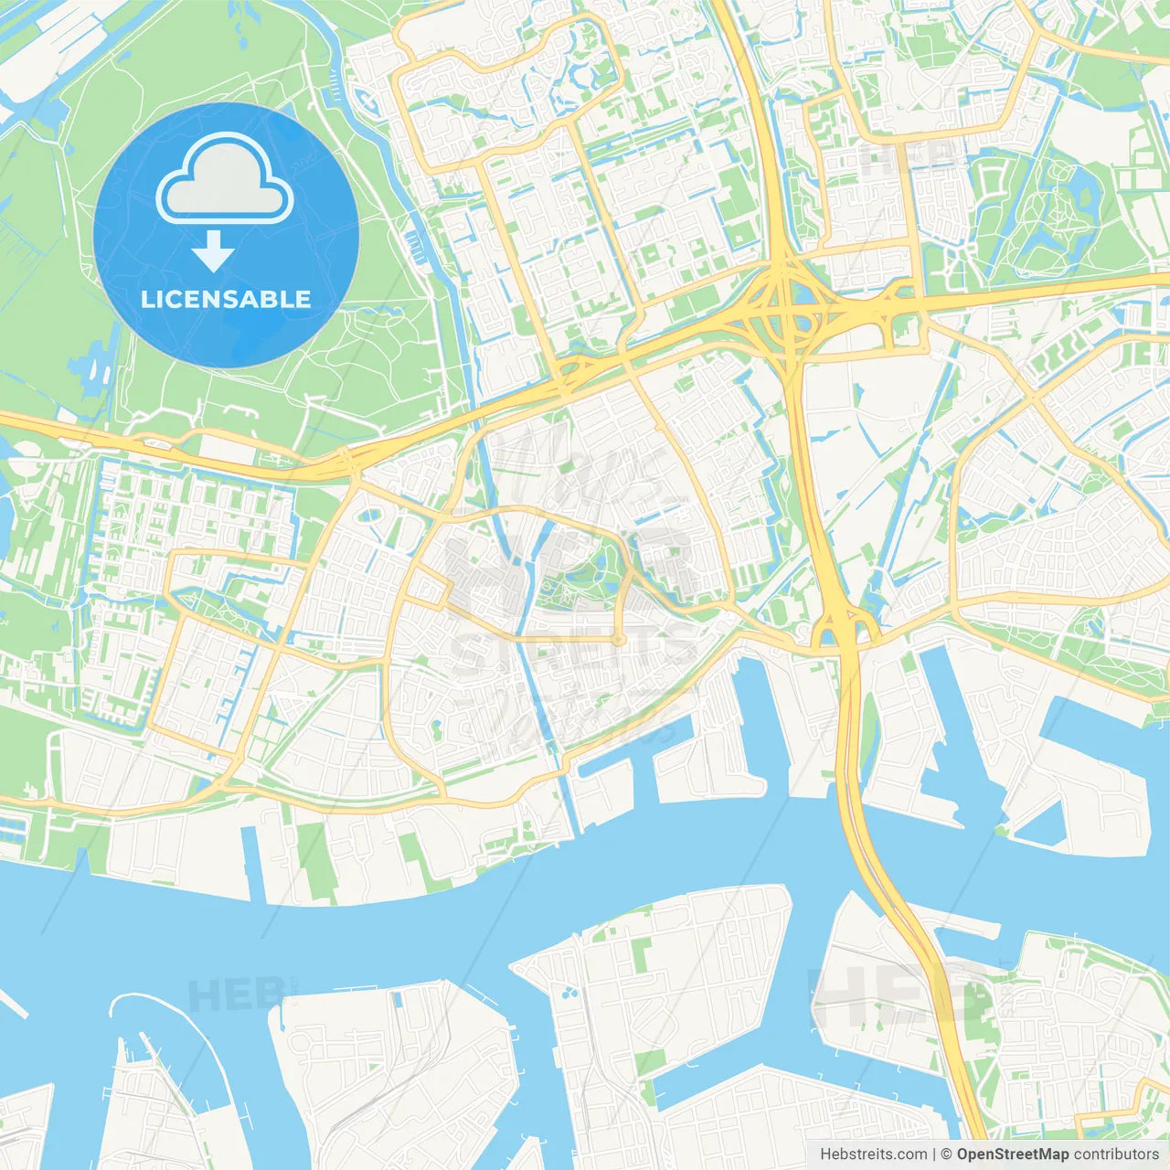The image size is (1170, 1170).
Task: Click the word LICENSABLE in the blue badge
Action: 226,299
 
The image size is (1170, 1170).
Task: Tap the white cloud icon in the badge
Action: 225,179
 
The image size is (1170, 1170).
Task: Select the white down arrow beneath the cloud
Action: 213,251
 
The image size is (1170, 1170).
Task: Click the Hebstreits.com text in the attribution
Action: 874,1154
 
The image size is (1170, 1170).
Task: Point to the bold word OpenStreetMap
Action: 1013,1154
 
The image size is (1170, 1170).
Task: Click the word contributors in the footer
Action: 1116,1154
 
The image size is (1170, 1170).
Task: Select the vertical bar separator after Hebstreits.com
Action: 935,1154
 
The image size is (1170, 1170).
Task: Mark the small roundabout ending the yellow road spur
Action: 619,640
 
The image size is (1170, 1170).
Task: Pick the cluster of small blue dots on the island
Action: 571,992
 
